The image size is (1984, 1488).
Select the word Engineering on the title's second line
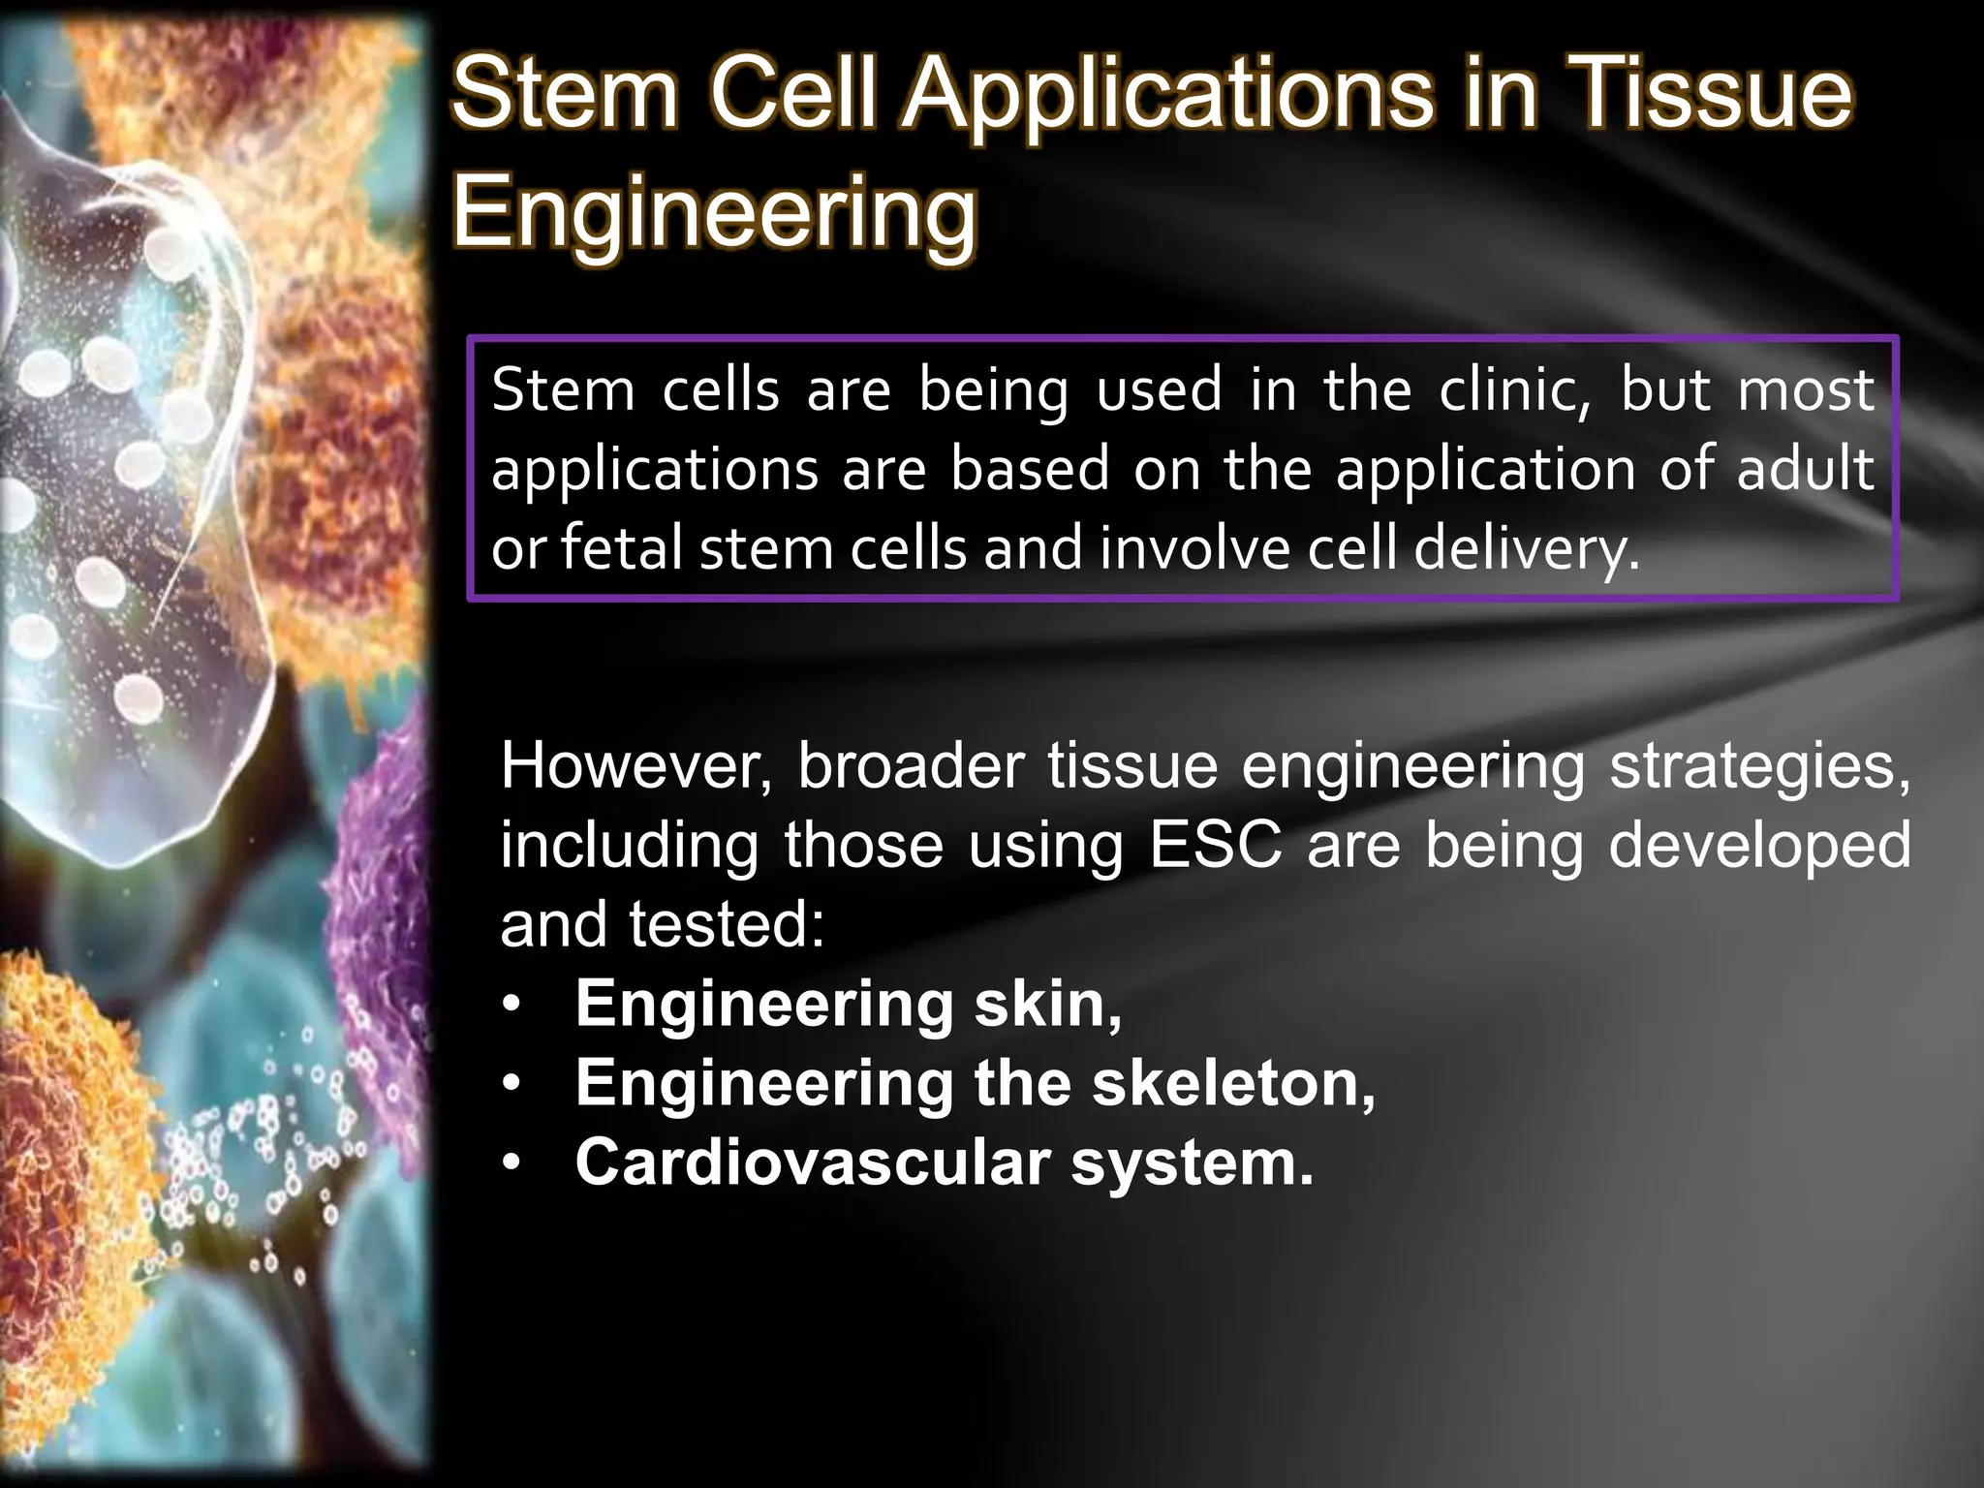(714, 211)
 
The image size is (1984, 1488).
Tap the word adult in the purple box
(1804, 469)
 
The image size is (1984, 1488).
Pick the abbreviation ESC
(1215, 845)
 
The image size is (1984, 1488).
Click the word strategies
(1759, 767)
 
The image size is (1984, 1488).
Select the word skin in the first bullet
(1047, 1004)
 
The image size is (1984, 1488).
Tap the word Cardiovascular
(812, 1162)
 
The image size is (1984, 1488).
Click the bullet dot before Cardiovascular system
(511, 1162)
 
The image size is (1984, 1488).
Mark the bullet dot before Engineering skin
(511, 1004)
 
